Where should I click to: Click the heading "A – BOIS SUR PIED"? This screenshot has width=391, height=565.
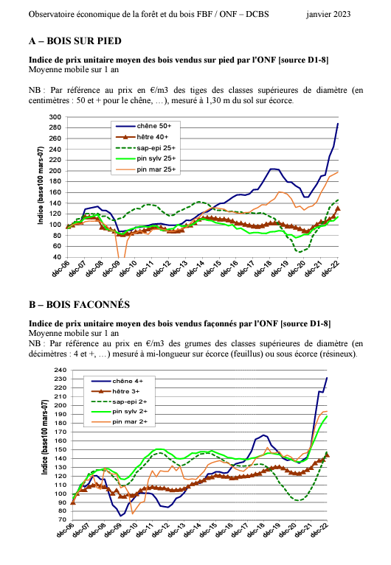[75, 41]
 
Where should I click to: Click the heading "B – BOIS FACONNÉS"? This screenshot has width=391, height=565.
[79, 305]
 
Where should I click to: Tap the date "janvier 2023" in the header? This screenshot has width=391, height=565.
[328, 15]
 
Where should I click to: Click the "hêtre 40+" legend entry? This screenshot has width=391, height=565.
[142, 137]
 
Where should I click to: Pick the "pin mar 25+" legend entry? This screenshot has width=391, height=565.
[145, 169]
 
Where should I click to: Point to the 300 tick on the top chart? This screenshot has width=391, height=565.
[55, 117]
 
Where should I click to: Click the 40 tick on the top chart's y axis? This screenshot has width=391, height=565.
[57, 257]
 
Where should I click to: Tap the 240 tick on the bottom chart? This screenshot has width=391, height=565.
[60, 370]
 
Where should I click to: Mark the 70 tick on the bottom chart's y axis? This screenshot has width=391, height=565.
[63, 519]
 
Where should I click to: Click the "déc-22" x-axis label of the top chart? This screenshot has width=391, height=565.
[331, 268]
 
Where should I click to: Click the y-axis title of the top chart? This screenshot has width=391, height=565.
[41, 186]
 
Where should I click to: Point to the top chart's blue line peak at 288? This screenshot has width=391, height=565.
[338, 124]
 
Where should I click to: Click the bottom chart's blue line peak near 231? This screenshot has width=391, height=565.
[327, 378]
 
